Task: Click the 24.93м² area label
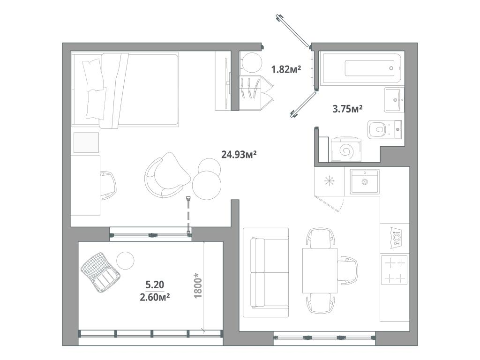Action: (x=239, y=154)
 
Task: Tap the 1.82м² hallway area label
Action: (x=286, y=69)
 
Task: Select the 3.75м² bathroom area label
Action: (x=347, y=109)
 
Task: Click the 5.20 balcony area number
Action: (x=155, y=285)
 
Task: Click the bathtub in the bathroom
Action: (x=361, y=67)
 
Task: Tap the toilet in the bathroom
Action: (x=384, y=130)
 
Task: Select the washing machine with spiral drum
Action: (x=346, y=150)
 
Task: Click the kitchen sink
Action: (x=365, y=181)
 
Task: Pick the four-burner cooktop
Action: (x=394, y=270)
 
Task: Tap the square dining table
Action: (x=320, y=270)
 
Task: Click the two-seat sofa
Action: (x=266, y=272)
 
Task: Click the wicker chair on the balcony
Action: (x=100, y=272)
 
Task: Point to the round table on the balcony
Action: (x=125, y=261)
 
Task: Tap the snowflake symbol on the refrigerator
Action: (x=329, y=180)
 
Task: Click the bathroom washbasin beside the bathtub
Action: (x=394, y=100)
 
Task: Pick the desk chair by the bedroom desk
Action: (x=108, y=186)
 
